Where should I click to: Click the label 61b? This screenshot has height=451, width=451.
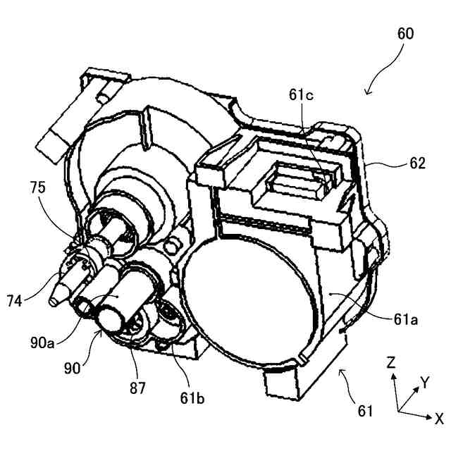click(x=191, y=400)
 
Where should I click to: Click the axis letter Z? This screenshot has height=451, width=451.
click(x=390, y=362)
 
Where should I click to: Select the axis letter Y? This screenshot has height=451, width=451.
click(x=424, y=382)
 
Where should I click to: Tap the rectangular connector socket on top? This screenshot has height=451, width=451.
click(x=296, y=182)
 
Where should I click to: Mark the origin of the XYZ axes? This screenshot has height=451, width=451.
click(x=397, y=411)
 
